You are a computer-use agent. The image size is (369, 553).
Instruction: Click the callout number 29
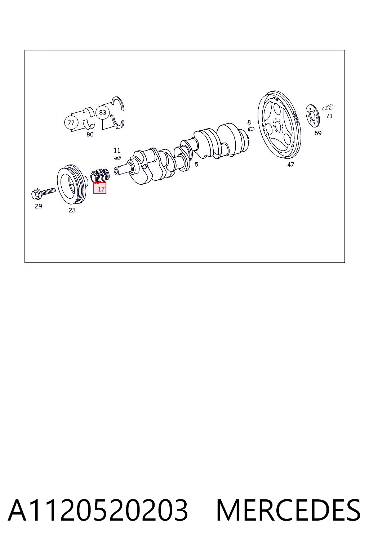point(39,206)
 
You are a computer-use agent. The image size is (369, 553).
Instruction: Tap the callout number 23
point(72,210)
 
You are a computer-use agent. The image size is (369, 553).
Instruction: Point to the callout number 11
point(117,150)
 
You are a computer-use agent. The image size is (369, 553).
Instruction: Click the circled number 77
point(71,122)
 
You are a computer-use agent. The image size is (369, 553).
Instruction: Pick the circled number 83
point(103,112)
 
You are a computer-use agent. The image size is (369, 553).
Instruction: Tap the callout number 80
point(90,134)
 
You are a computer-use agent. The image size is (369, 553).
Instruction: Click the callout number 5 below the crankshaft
point(196,165)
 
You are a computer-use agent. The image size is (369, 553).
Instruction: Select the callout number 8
point(249,122)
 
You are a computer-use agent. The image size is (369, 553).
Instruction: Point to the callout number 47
point(291,165)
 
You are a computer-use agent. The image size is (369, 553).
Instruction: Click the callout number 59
point(318,133)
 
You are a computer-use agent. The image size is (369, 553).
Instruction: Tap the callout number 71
point(329,116)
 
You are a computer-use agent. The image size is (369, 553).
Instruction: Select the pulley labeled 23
point(72,184)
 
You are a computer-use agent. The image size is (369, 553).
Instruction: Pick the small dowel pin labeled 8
point(251,129)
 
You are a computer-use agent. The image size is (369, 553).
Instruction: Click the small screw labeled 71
point(328,107)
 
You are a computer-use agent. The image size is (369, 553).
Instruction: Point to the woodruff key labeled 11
point(117,157)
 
